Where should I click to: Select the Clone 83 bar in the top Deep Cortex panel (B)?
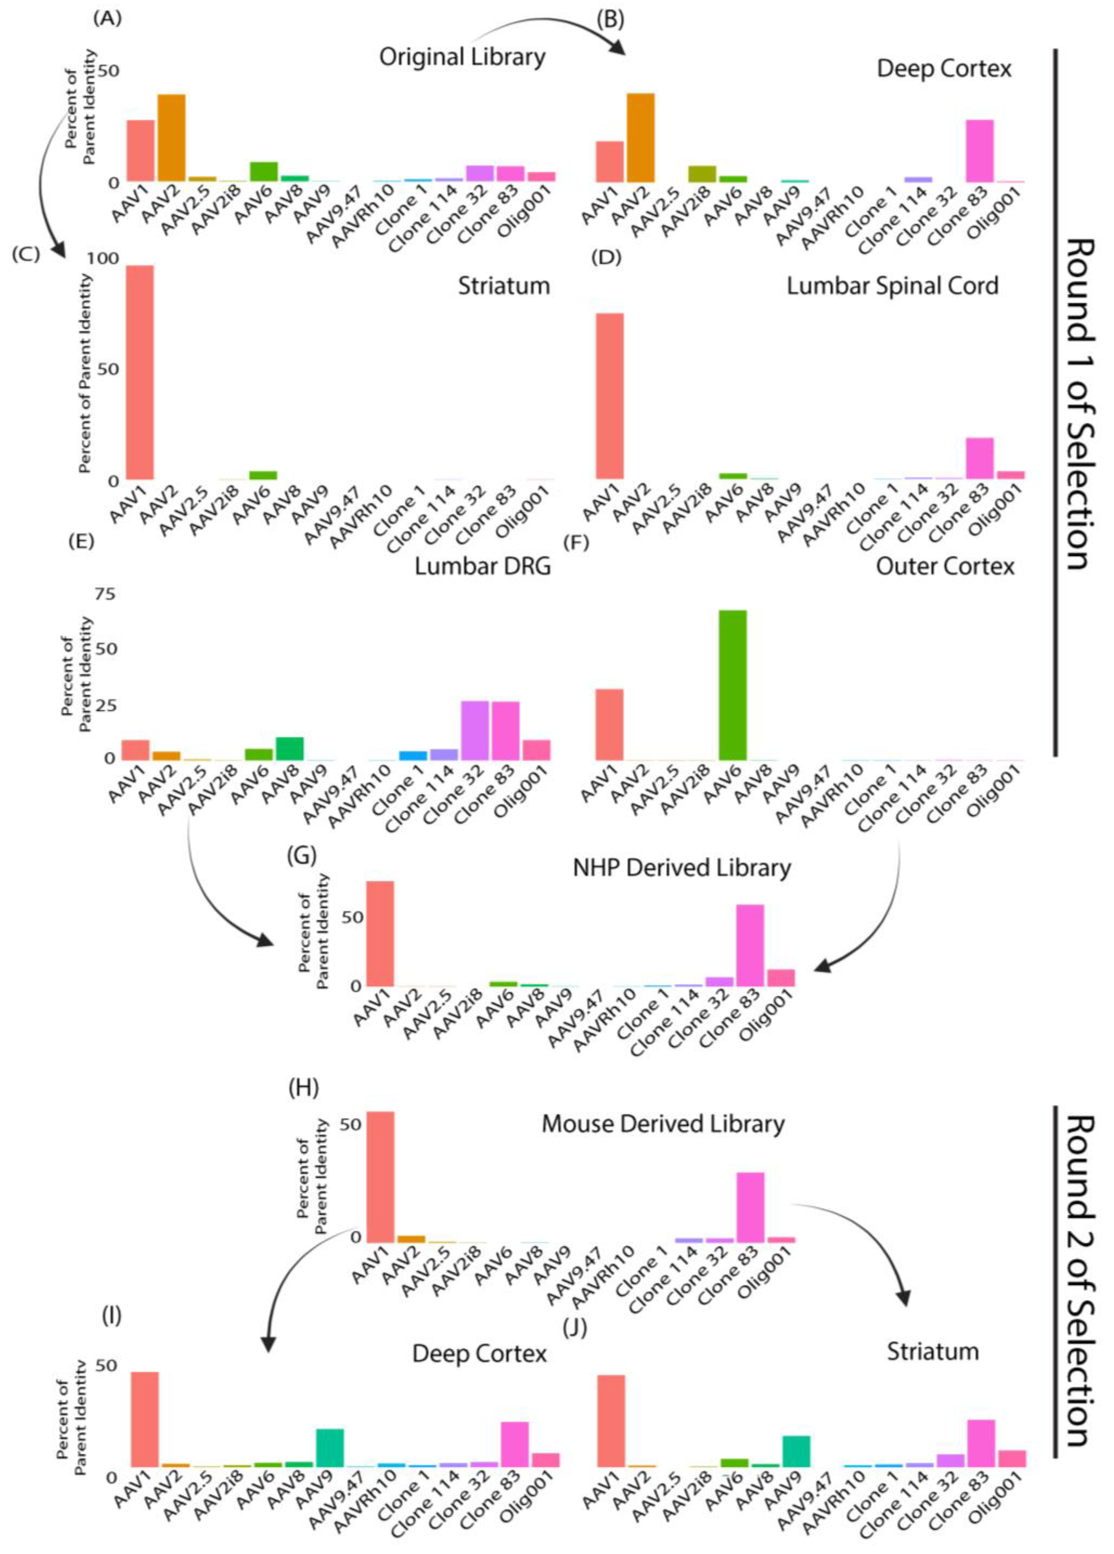point(979,151)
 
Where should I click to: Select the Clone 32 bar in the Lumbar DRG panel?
point(474,730)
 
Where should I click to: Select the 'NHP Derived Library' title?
point(682,868)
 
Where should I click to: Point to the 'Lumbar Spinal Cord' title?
point(892,286)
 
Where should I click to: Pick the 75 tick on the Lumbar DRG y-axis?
point(105,594)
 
